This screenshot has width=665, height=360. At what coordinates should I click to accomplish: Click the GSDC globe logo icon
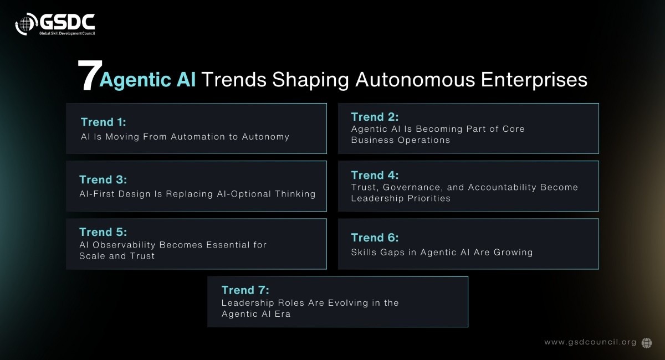coord(27,24)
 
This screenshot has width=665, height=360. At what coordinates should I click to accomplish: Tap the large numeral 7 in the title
coord(89,75)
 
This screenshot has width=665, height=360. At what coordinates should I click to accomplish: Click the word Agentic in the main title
coord(135,80)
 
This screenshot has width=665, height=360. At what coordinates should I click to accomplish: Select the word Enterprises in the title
coord(534,80)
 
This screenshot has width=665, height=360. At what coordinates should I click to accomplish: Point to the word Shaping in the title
coord(310,80)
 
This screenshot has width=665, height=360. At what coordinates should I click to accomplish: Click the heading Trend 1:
coord(103,122)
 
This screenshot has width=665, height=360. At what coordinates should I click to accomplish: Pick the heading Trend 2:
coord(375,117)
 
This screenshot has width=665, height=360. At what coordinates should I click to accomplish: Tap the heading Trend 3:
coord(103,179)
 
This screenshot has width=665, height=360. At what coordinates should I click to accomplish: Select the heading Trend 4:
coord(375,175)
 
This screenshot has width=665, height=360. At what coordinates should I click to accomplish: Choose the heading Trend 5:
coord(103,232)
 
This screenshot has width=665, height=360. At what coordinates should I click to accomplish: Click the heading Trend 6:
coord(375,238)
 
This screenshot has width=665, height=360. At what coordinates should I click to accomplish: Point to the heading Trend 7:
coord(245,290)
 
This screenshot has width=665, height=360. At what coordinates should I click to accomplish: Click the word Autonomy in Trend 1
coord(265,137)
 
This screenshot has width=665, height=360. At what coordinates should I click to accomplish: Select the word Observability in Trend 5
coord(124,245)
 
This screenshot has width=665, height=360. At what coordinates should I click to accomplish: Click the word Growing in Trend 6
coord(513,253)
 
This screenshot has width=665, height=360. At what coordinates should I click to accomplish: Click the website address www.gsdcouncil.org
coord(590,342)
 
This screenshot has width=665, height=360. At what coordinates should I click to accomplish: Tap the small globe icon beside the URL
coord(647,343)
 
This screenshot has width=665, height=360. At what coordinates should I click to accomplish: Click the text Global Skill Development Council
coord(67,33)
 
